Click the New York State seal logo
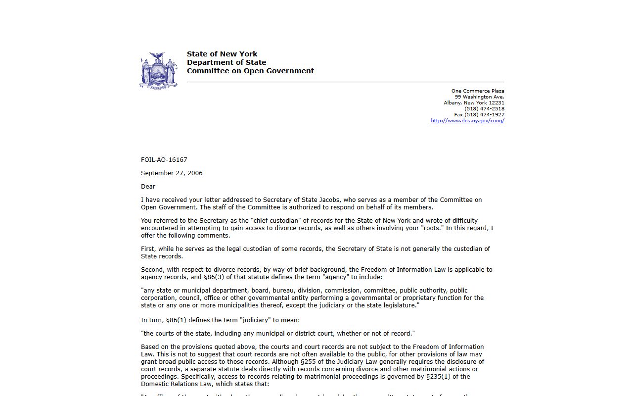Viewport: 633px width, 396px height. [x=159, y=70]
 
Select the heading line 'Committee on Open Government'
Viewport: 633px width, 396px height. [x=250, y=71]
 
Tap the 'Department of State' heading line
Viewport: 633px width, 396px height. [x=226, y=62]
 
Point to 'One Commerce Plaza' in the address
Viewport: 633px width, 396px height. [x=477, y=91]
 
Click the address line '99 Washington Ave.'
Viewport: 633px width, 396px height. [x=479, y=97]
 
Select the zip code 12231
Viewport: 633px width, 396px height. [x=497, y=103]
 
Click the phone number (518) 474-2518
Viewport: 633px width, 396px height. [x=484, y=109]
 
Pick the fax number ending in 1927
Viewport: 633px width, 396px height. [x=479, y=115]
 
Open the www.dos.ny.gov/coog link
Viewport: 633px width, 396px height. [x=467, y=121]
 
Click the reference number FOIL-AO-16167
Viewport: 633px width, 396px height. [x=164, y=160]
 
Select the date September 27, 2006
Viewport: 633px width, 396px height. [x=172, y=173]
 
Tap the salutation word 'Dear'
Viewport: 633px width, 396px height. [x=148, y=187]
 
